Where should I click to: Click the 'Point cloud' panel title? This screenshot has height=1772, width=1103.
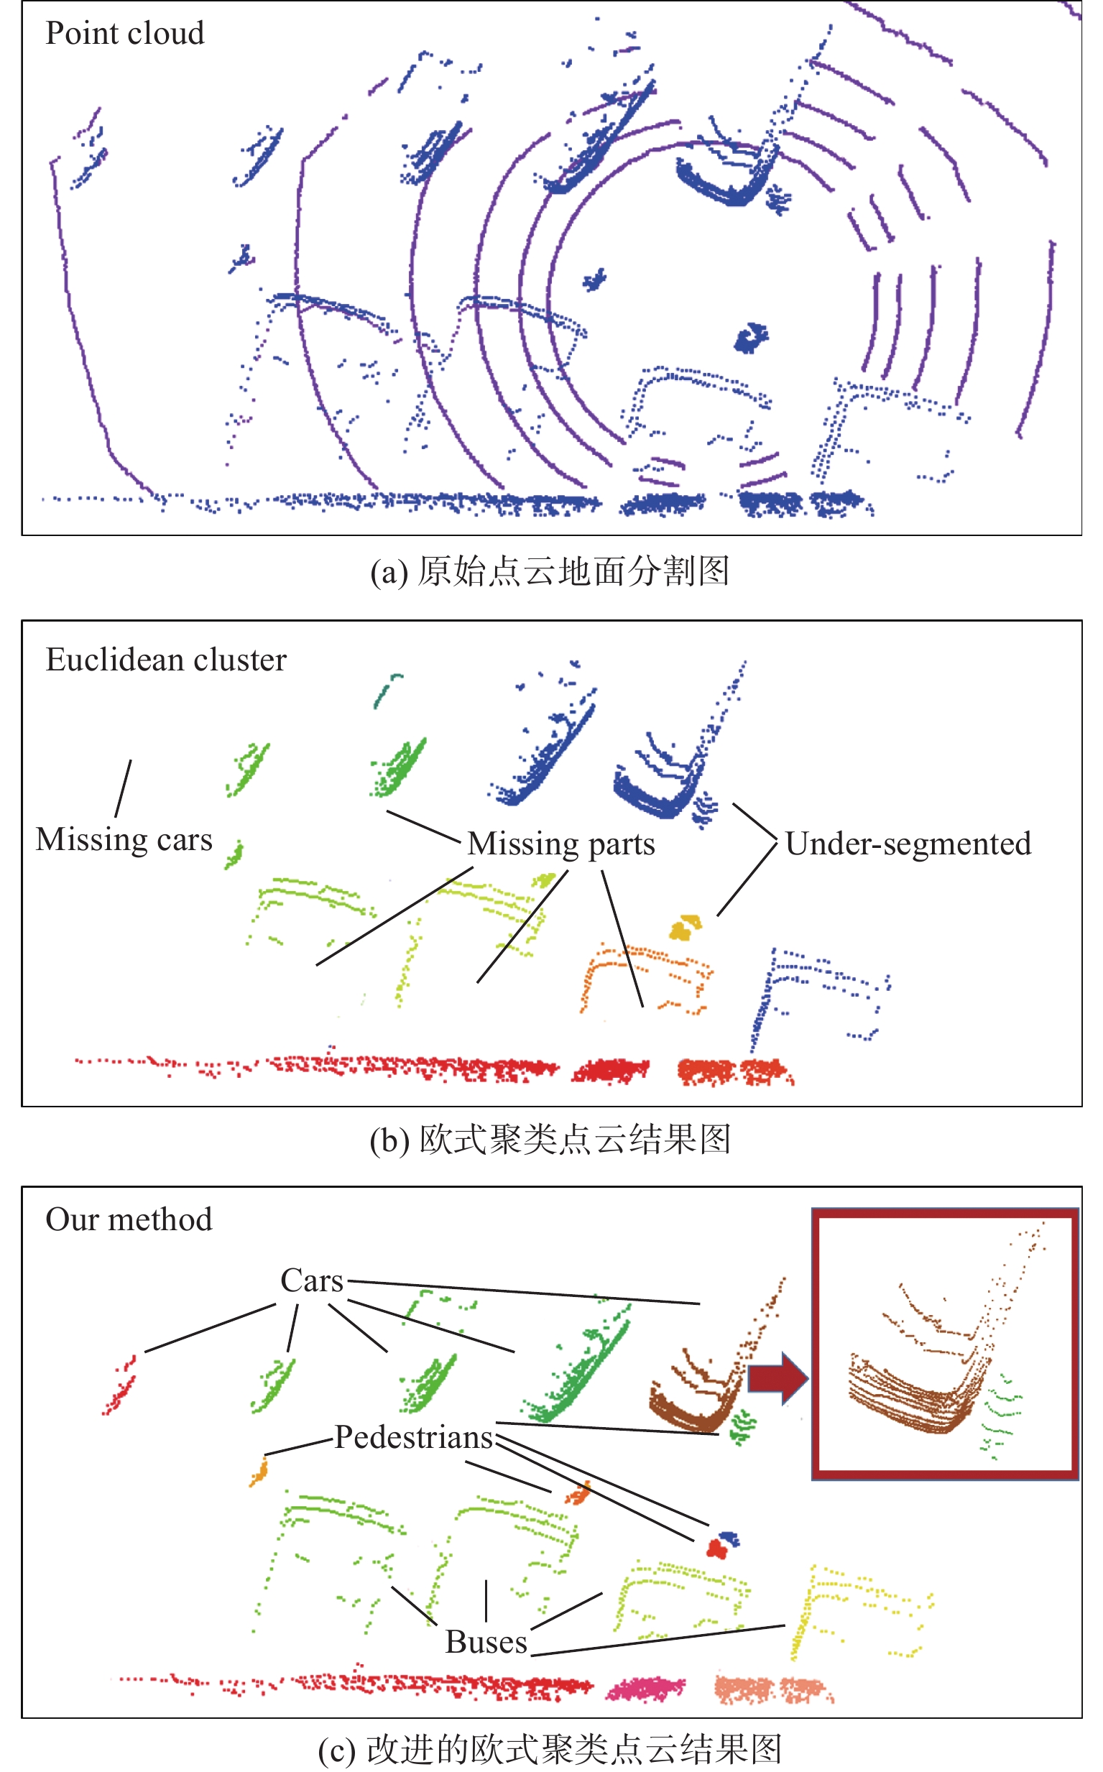point(125,34)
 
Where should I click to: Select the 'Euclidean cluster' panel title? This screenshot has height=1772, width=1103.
point(166,660)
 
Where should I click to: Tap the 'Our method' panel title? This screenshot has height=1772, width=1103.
point(129,1219)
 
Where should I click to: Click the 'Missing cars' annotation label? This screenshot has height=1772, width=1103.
point(124,839)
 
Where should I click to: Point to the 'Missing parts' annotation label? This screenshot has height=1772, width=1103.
point(561,844)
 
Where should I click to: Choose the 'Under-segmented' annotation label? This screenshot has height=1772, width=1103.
point(908,844)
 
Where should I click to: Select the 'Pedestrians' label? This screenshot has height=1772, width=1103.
point(414,1437)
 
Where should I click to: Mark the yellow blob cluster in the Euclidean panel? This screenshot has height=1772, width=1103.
point(686,927)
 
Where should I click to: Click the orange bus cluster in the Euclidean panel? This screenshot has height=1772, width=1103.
point(646,978)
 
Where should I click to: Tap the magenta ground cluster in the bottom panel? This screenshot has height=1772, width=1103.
point(645,1687)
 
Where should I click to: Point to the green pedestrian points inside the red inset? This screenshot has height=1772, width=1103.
point(1001,1417)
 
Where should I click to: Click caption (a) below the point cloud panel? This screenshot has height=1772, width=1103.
point(549,571)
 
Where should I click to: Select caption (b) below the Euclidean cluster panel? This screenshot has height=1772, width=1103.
point(549,1140)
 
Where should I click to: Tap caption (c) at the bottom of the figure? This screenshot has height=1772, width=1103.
point(549,1750)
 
